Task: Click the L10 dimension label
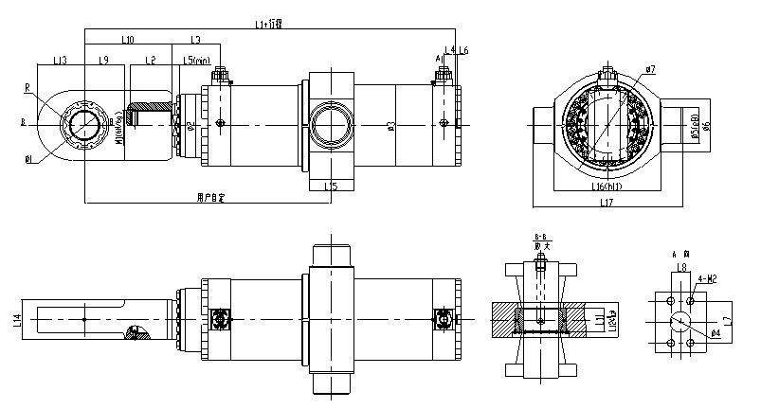coord(128,40)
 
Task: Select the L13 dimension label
coord(60,61)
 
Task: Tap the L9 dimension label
coord(104,61)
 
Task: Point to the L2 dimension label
coord(150,61)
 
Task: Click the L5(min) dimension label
coord(196,61)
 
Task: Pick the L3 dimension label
coord(195,40)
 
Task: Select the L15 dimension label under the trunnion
coord(330,187)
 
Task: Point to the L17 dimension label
coord(603,201)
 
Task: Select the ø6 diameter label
coord(705,125)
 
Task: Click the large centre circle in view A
coord(679,321)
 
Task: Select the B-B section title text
coord(542,236)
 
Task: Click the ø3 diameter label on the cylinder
coord(391,125)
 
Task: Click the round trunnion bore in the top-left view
coord(330,124)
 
